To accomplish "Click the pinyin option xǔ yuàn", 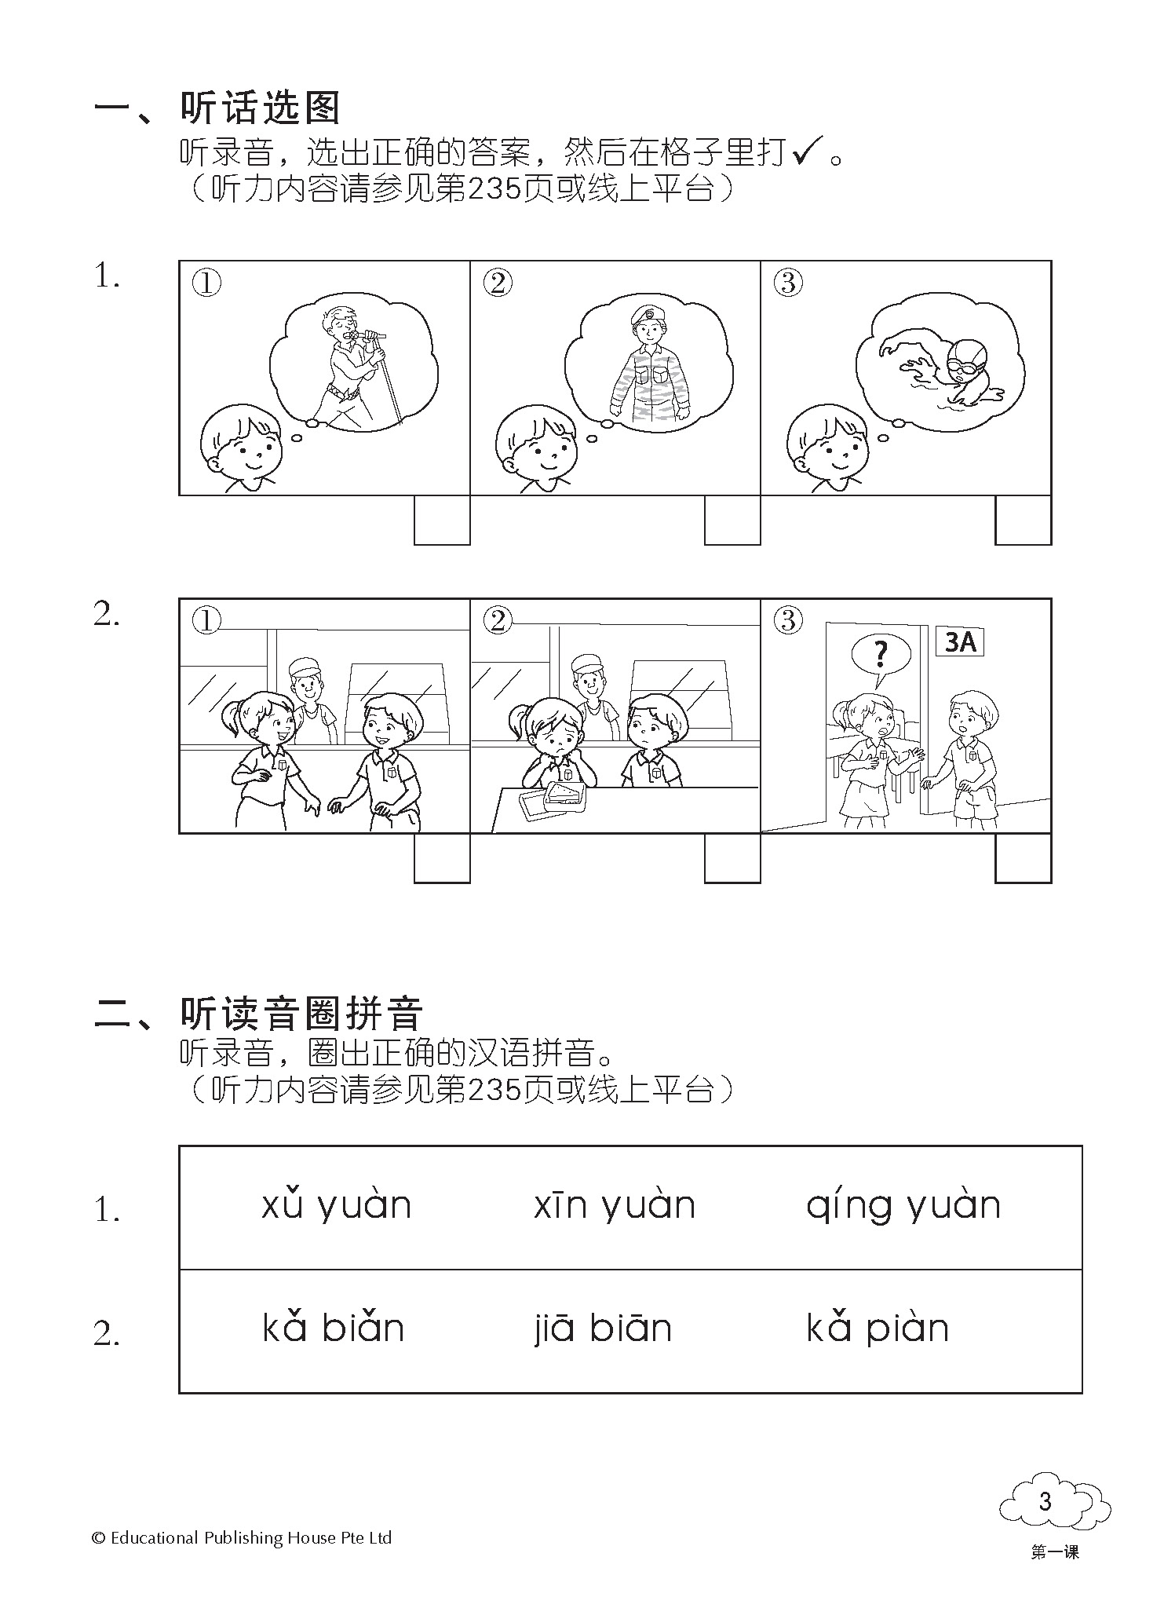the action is click(336, 1207).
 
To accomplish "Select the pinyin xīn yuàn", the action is click(615, 1207).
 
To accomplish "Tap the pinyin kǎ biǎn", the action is click(333, 1328).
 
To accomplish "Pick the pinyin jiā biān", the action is click(602, 1329).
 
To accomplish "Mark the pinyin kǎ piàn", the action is click(878, 1329).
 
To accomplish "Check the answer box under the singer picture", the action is click(442, 520).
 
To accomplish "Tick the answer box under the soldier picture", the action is click(732, 520).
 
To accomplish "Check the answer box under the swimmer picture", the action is click(1024, 520).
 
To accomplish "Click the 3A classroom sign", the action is click(960, 642).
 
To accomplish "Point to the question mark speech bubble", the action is click(881, 656).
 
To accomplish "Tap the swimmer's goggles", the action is click(962, 365).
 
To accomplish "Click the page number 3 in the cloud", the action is click(1044, 1501).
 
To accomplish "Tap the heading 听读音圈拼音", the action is click(301, 1013).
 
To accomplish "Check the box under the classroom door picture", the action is click(1024, 857).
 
